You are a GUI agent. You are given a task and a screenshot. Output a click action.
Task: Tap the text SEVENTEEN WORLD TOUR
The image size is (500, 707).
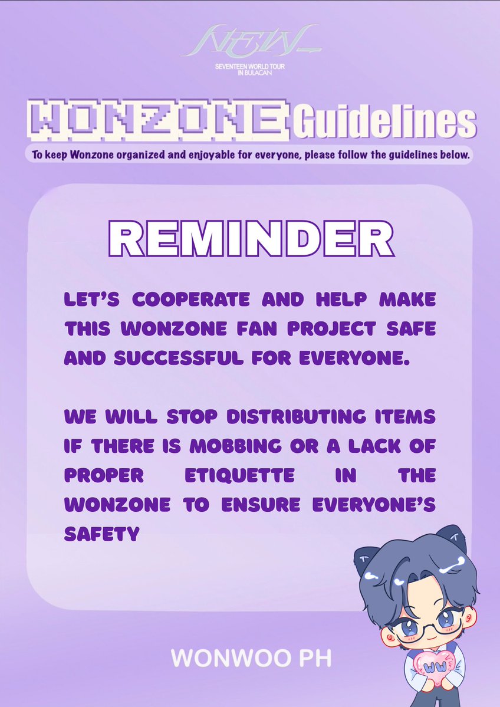click(x=250, y=67)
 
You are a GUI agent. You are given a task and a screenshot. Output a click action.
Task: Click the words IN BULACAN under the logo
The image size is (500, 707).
click(x=250, y=73)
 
